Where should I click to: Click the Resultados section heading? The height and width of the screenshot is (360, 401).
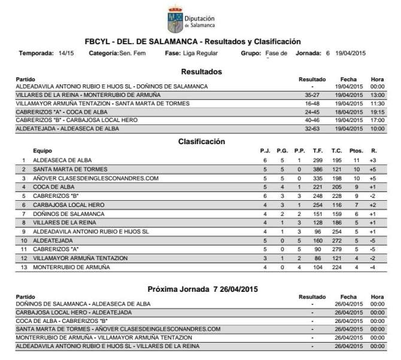(x=201, y=72)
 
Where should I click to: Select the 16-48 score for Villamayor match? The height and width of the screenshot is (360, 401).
(x=312, y=103)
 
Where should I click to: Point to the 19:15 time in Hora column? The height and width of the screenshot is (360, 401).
(x=377, y=112)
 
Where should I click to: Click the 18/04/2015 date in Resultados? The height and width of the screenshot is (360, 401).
(x=348, y=112)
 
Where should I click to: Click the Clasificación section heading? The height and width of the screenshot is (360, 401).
(x=201, y=142)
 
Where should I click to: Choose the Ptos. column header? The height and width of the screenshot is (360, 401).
(x=356, y=151)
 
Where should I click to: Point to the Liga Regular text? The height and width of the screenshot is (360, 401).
(x=201, y=53)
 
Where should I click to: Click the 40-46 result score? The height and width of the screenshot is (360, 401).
(x=312, y=120)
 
